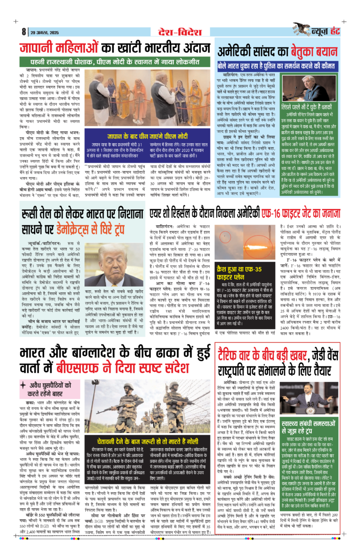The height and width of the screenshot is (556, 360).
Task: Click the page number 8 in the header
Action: coord(22,32)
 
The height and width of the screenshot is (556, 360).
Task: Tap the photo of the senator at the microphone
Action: coord(310,89)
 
